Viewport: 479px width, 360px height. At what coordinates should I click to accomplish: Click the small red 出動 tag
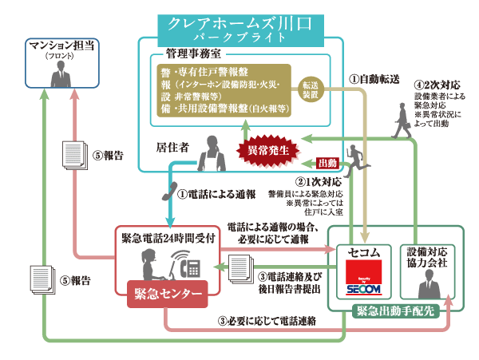click(328, 163)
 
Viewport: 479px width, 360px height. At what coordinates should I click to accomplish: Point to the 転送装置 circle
click(311, 89)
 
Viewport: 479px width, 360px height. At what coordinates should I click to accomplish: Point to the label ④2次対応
click(437, 84)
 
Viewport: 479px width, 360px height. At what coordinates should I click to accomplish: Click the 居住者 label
click(172, 147)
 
